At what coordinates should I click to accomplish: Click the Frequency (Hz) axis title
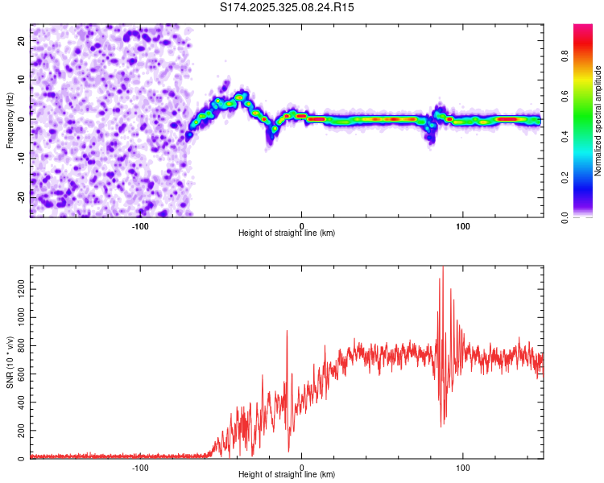pyautogui.click(x=10, y=121)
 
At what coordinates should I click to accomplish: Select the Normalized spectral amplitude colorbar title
pyautogui.click(x=598, y=121)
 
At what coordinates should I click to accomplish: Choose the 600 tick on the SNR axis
pyautogui.click(x=19, y=374)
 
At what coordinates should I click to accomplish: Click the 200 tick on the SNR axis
pyautogui.click(x=19, y=431)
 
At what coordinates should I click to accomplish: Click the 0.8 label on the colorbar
pyautogui.click(x=566, y=56)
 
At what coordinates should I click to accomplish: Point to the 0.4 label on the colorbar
pyautogui.click(x=566, y=136)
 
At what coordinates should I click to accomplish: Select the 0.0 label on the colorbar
pyautogui.click(x=566, y=216)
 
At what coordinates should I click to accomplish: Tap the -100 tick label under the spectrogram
pyautogui.click(x=140, y=226)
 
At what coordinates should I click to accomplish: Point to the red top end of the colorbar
pyautogui.click(x=583, y=29)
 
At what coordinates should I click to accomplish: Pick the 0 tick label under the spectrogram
pyautogui.click(x=302, y=226)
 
